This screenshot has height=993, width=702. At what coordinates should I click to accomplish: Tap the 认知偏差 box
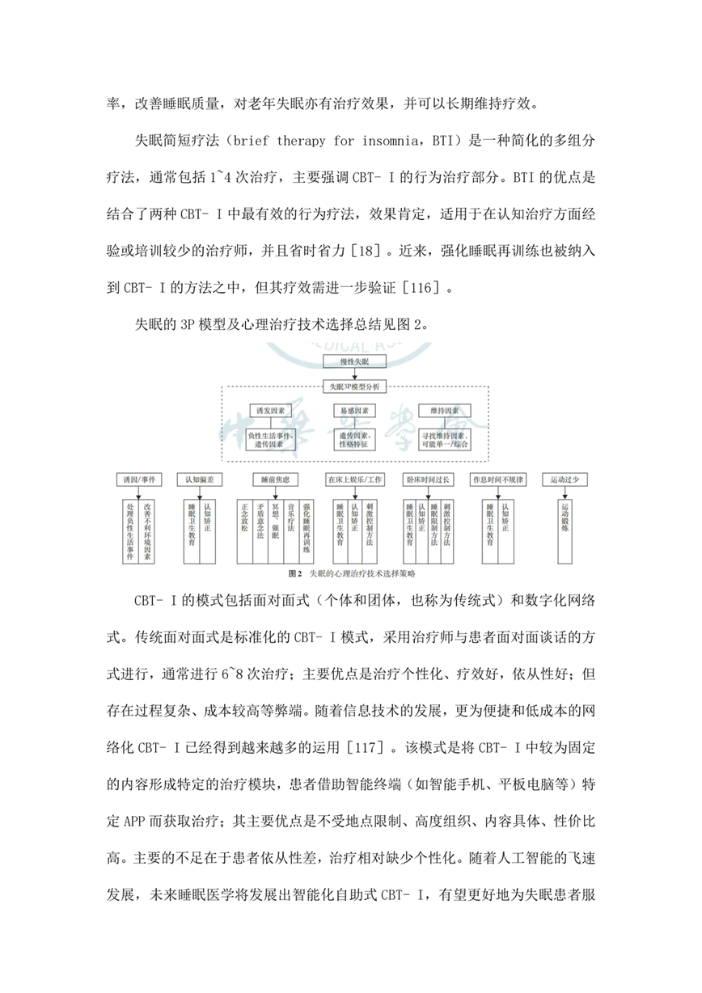coord(199,480)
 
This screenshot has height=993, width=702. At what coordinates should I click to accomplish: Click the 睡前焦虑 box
coord(271,480)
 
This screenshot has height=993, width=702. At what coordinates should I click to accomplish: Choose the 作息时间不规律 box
coord(498,480)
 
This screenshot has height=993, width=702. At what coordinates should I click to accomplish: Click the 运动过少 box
coord(569,480)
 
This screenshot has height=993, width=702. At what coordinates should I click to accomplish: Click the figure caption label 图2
coord(295,573)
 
